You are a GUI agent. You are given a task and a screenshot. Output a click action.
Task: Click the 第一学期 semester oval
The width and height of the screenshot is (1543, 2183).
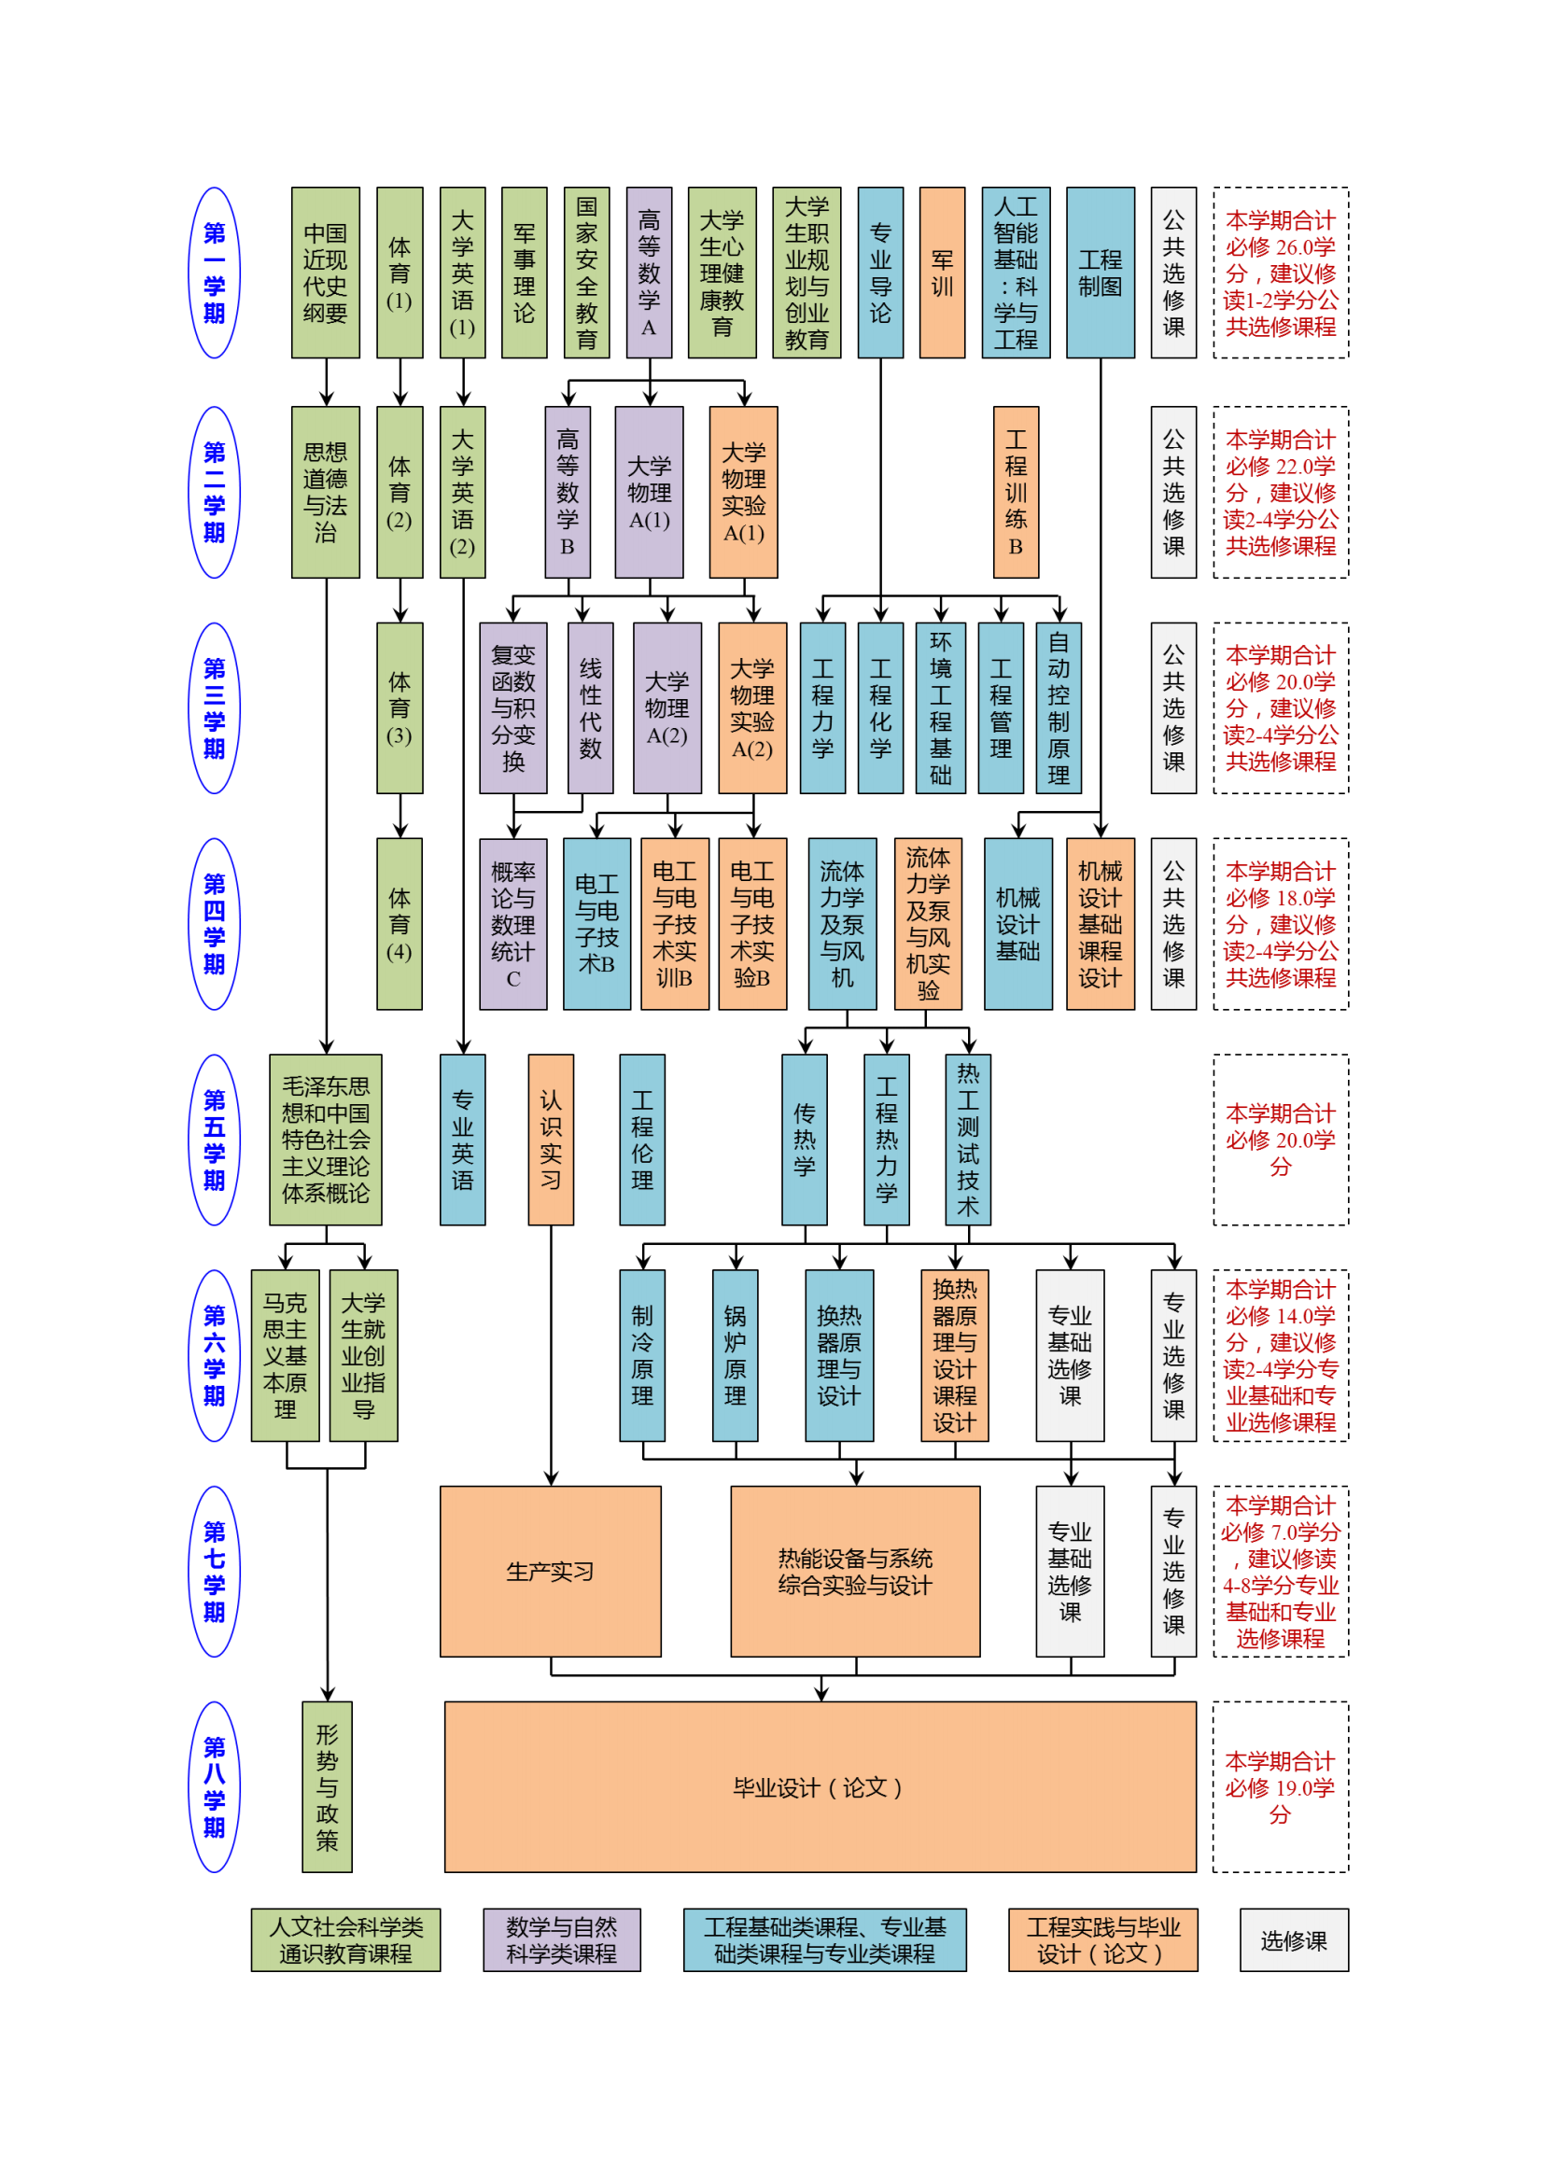click(215, 273)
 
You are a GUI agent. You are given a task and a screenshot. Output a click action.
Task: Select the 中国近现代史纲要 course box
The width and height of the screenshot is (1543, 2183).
click(325, 273)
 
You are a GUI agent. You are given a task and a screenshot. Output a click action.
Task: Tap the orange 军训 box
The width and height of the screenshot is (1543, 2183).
click(941, 273)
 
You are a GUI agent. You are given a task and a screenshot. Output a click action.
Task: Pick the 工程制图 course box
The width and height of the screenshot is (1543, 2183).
click(1100, 273)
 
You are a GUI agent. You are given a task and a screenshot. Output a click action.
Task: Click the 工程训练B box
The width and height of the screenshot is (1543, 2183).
click(1016, 493)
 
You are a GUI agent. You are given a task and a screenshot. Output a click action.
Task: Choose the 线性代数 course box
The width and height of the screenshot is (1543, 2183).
click(590, 708)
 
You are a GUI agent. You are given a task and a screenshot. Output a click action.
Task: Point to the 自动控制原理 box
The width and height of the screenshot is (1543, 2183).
click(1059, 708)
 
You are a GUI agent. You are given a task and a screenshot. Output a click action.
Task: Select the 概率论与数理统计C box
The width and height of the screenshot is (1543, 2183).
click(513, 924)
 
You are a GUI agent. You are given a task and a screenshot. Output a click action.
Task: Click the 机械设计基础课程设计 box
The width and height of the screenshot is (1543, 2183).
click(1100, 924)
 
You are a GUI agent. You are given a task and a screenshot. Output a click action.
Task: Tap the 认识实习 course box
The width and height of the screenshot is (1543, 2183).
click(551, 1140)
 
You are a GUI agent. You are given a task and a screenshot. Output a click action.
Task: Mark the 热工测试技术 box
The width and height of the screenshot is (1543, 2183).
click(968, 1140)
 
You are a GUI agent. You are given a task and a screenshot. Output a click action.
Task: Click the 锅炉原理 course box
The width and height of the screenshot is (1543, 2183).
click(735, 1356)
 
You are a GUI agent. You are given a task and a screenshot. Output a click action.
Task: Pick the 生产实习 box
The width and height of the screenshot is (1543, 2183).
click(551, 1572)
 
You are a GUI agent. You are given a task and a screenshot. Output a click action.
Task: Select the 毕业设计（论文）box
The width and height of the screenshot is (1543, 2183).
click(820, 1787)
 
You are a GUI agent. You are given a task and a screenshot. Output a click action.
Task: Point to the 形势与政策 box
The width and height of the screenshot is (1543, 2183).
click(327, 1787)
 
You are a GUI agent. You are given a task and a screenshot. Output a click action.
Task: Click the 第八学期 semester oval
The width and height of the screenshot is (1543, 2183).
click(215, 1787)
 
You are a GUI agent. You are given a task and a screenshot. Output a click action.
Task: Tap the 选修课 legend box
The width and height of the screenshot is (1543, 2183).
click(1293, 1940)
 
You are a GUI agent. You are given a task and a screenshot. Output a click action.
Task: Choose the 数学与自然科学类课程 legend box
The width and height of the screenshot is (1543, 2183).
click(561, 1940)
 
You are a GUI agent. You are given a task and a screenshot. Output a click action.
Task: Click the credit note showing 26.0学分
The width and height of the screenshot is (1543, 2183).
click(1280, 273)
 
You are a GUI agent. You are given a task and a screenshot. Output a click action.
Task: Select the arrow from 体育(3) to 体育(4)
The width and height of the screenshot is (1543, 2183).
click(400, 816)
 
